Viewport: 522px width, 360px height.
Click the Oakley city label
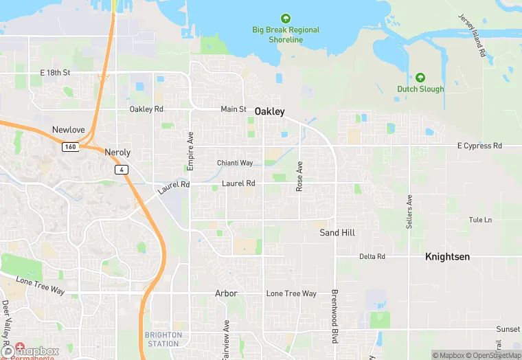tap(269, 111)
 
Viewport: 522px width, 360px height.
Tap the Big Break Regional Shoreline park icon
tap(286, 19)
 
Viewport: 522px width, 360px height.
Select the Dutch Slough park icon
tap(420, 77)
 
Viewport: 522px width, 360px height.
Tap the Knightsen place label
tap(447, 256)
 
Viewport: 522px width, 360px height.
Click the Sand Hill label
tap(337, 233)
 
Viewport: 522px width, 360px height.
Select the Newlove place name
tap(69, 130)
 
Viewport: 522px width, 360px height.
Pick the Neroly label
tap(117, 152)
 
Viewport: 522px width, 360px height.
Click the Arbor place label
tap(226, 293)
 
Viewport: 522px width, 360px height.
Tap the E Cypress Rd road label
tap(479, 146)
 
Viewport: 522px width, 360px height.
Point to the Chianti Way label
tap(235, 163)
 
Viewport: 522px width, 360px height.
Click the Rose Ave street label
tap(299, 177)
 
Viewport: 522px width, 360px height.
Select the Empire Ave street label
tap(191, 151)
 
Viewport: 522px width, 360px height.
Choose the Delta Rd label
tap(372, 257)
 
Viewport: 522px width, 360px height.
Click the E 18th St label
tap(55, 72)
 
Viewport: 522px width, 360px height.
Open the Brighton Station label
tap(163, 339)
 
